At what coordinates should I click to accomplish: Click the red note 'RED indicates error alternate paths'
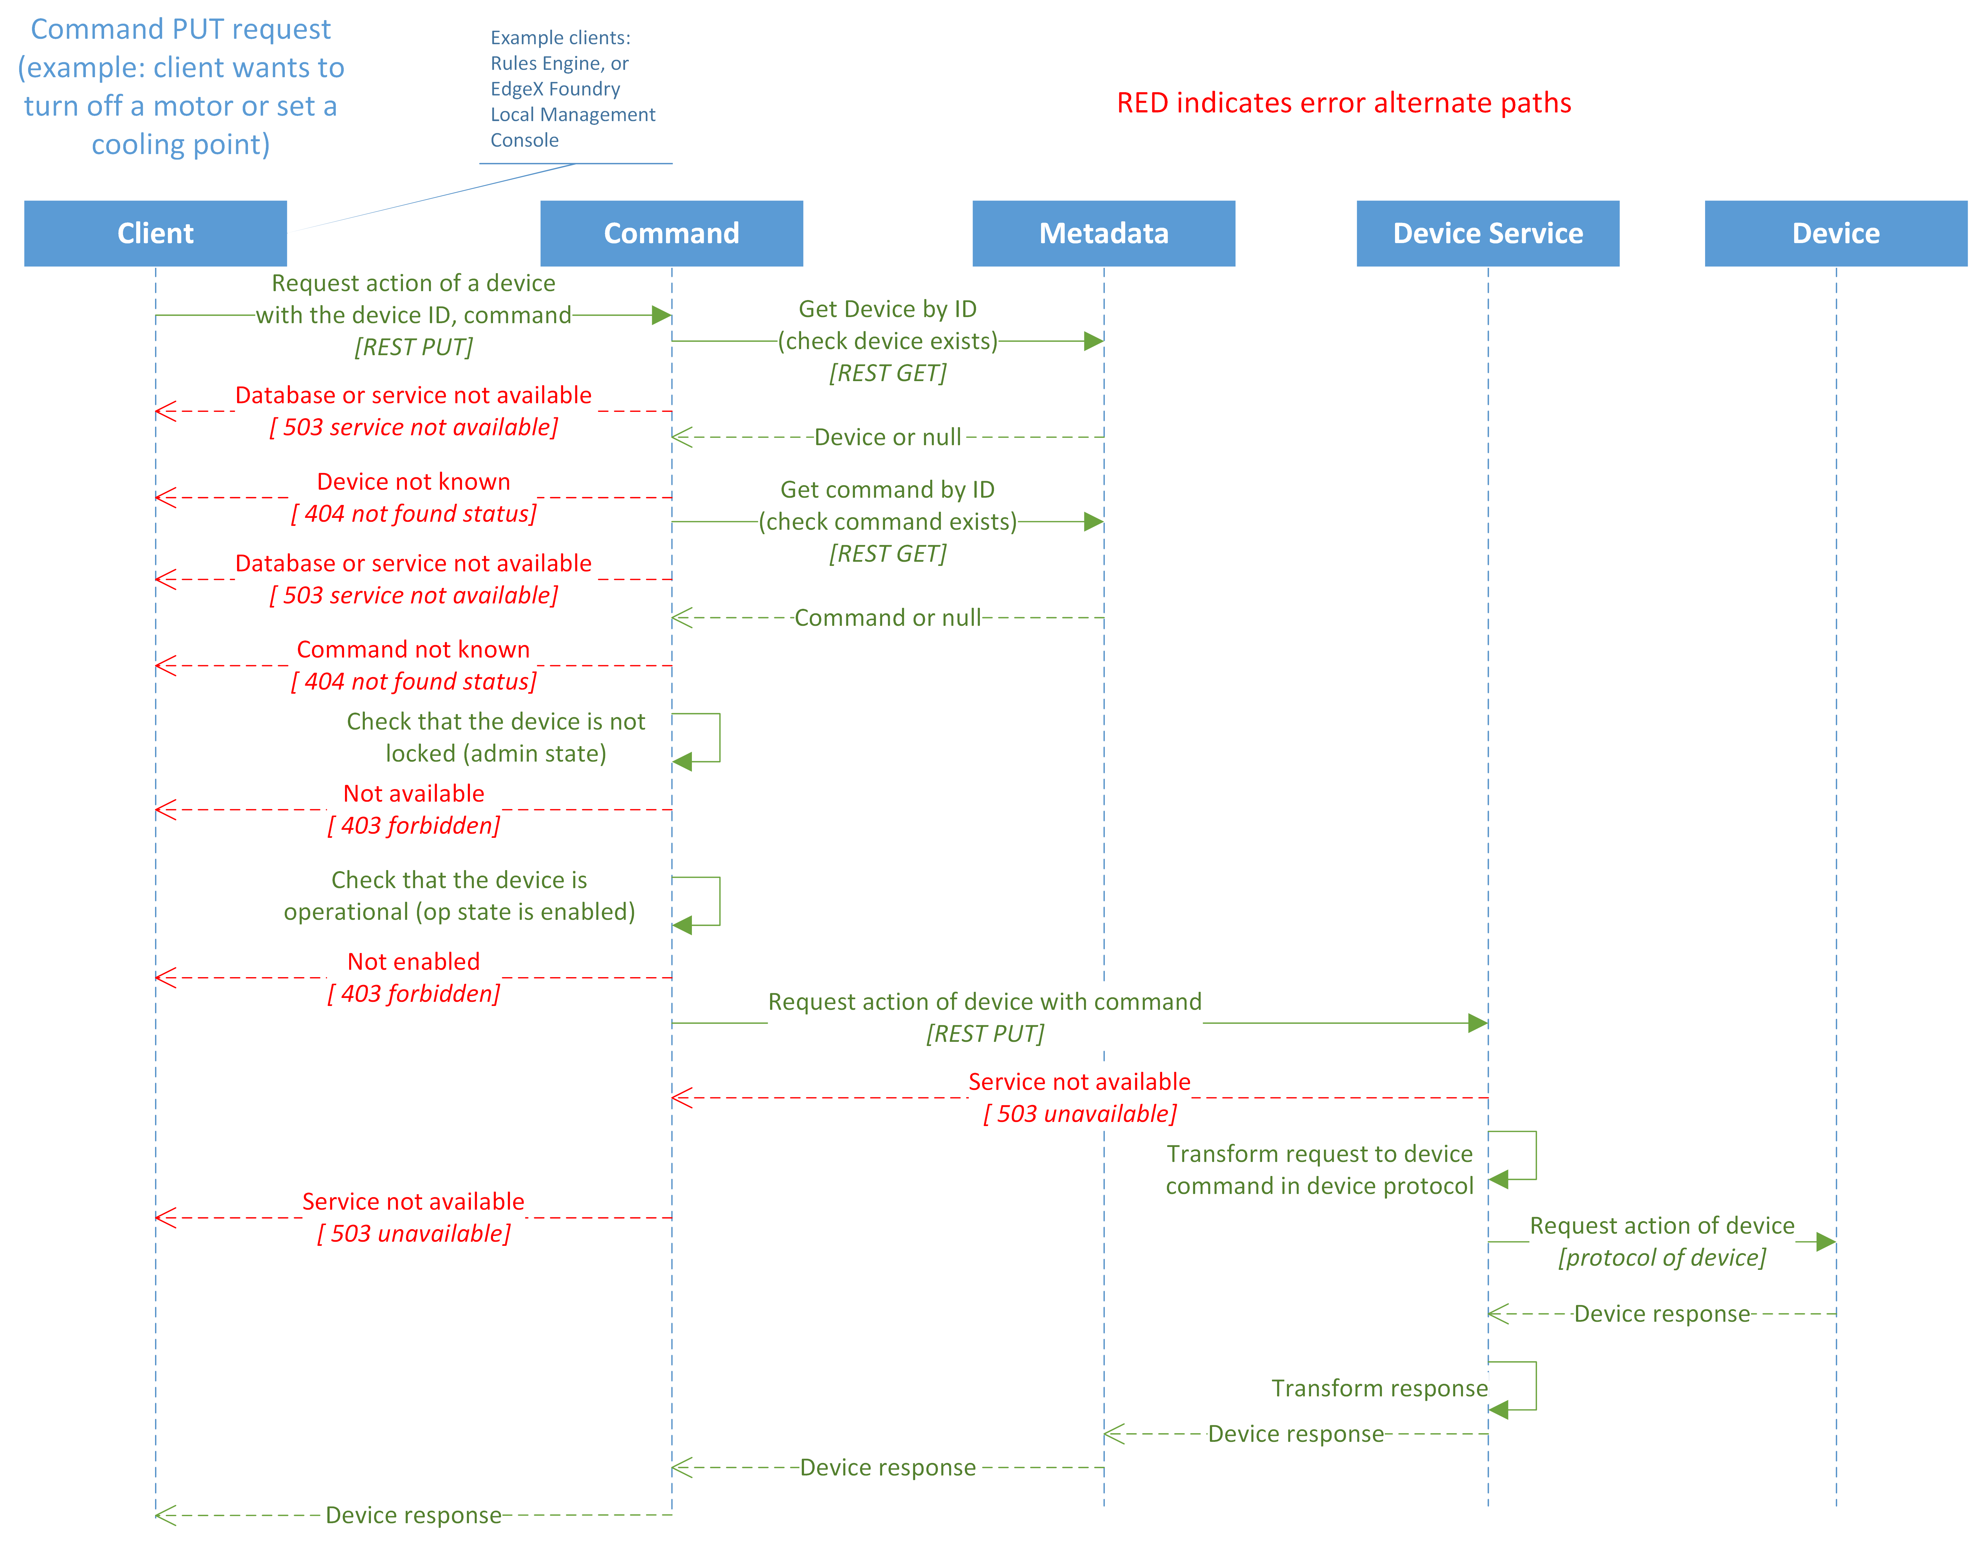point(1343,103)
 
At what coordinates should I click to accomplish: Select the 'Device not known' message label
point(413,482)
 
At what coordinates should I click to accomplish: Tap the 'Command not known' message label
point(413,650)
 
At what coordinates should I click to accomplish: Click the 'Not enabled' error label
point(413,962)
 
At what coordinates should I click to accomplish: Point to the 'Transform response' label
point(1379,1389)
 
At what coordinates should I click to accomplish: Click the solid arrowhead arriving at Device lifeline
point(1825,1242)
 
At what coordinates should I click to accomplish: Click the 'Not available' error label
point(413,794)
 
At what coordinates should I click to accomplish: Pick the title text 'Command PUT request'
point(181,29)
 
